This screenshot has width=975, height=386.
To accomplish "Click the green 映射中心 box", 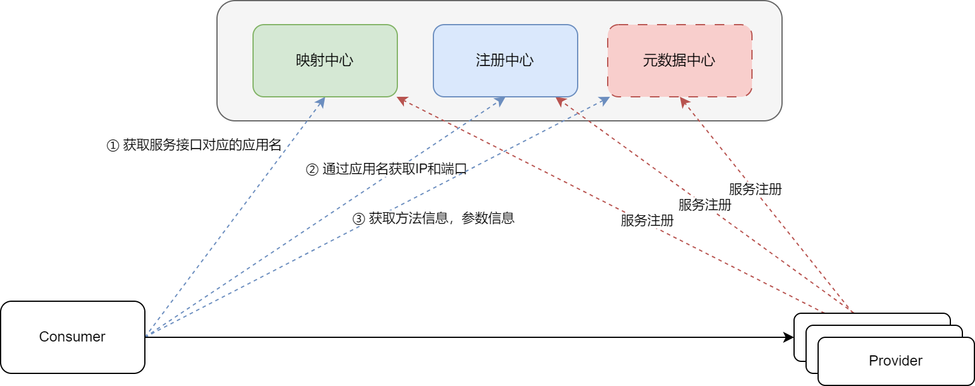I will pos(325,60).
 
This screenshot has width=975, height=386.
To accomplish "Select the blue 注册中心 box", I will pos(505,60).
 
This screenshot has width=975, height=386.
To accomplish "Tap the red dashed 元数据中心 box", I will pos(679,60).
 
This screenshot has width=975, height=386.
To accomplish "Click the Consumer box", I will pos(73,337).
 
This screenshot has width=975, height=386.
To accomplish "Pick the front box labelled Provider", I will pos(896,361).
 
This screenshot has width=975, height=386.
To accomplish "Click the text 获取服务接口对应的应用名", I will pos(202,145).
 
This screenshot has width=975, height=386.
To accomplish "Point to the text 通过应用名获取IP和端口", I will pos(394,169).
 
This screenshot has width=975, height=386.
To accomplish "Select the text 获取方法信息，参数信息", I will pos(441,218).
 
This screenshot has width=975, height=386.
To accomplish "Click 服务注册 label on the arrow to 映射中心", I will pos(647,221).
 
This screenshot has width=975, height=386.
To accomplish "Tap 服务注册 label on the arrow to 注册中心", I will pos(705,205).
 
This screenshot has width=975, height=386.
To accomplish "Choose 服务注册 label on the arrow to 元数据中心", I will pos(755,189).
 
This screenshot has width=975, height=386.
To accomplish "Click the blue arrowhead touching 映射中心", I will pos(321,102).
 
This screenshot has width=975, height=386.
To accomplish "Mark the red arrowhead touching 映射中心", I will pos(402,100).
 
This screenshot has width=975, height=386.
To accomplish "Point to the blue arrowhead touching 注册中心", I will pos(500,102).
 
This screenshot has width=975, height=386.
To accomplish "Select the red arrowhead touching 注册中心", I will pos(560,102).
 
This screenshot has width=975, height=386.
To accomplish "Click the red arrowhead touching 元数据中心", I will pos(683,102).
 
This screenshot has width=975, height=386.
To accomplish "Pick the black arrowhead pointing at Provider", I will pos(789,337).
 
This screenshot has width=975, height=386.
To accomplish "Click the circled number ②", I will pos(312,170).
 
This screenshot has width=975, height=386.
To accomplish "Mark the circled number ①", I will pos(112,146).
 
